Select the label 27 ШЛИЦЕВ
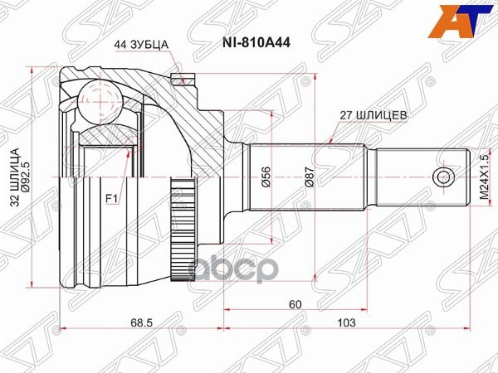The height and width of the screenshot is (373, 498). (x=373, y=117)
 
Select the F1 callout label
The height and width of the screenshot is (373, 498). (x=110, y=198)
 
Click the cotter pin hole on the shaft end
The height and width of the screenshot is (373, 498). (x=442, y=177)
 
